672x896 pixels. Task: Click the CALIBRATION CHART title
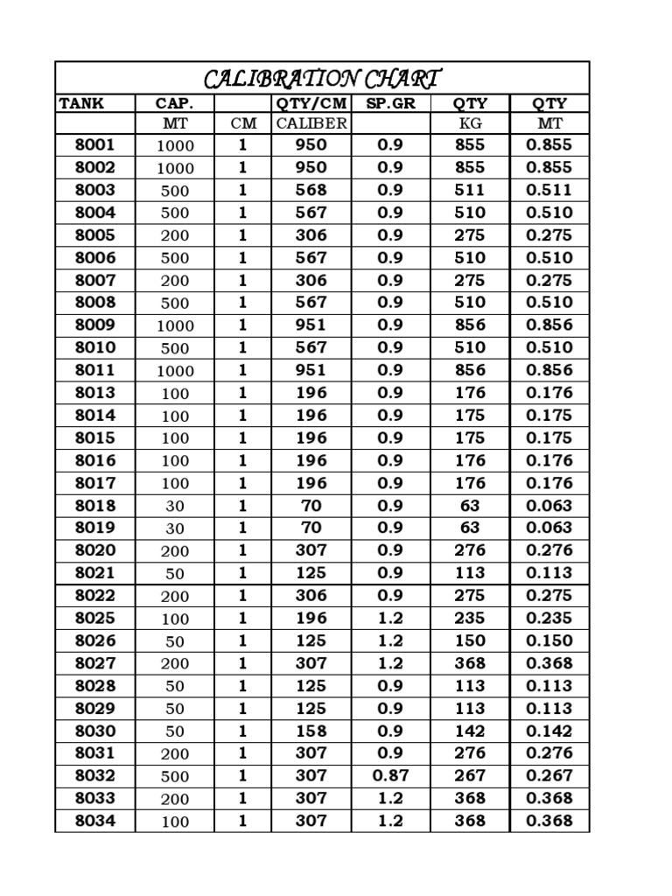pos(322,79)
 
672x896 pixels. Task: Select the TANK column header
pos(81,103)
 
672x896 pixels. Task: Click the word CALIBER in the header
pos(311,123)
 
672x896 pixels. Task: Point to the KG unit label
pos(470,123)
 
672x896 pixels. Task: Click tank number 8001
pos(94,144)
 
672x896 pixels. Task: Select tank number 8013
pos(94,393)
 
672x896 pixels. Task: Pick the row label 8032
pos(94,776)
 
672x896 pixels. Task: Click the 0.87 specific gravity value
pos(390,776)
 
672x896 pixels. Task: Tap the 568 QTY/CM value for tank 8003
pos(311,190)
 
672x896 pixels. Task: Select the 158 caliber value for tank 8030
pos(311,731)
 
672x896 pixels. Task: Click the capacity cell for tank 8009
pos(175,325)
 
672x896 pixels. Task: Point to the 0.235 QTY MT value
pos(549,619)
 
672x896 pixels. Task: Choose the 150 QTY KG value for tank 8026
pos(470,641)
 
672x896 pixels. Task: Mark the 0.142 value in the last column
pos(549,731)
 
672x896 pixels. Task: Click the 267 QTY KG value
pos(470,776)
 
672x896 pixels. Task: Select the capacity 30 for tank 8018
pos(175,506)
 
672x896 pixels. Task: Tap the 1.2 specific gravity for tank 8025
pos(390,619)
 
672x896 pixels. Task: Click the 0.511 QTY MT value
pos(549,190)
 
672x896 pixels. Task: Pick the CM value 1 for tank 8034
pos(243,821)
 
